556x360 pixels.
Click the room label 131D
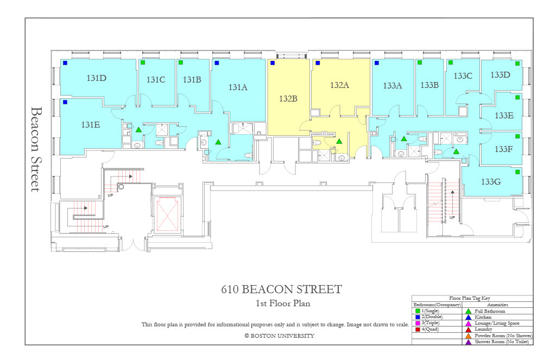(x=97, y=78)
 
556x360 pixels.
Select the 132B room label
(x=288, y=99)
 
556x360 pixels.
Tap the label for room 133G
(x=491, y=181)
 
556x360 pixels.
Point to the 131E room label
(x=91, y=124)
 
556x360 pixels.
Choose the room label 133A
(x=392, y=85)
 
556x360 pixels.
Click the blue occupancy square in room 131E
(x=65, y=102)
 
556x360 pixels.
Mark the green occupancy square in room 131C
(x=143, y=62)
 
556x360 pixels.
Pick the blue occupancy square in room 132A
(x=318, y=63)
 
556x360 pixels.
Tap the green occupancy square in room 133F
(x=517, y=136)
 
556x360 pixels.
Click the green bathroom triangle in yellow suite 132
(x=339, y=142)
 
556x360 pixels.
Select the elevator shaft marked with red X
(x=167, y=214)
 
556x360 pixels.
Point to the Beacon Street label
(x=36, y=149)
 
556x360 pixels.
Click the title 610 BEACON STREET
(x=282, y=289)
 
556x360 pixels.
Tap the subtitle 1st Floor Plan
(x=283, y=303)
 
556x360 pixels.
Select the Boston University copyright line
(x=280, y=336)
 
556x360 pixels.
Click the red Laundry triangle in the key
(x=469, y=330)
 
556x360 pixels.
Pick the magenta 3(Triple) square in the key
(x=418, y=323)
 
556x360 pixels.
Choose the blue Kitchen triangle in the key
(x=469, y=317)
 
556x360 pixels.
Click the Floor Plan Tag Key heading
(x=470, y=298)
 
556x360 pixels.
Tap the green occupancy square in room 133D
(x=517, y=64)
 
